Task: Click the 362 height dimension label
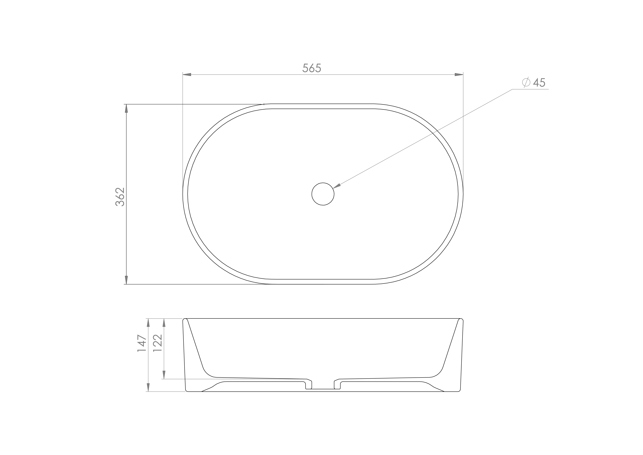[120, 197]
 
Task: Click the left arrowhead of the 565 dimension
[187, 75]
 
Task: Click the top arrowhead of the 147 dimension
[148, 323]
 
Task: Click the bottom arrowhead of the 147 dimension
[148, 387]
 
